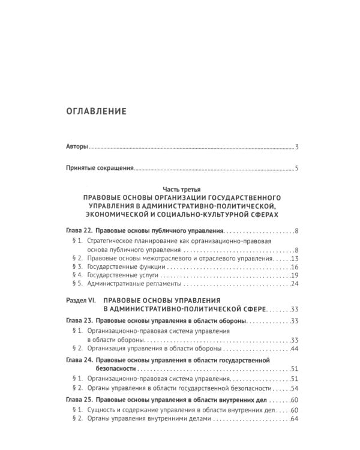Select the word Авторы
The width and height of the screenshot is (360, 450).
click(77, 146)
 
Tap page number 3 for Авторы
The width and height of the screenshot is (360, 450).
click(297, 146)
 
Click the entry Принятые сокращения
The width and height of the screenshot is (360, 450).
click(99, 169)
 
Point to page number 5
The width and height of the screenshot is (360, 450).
click(297, 169)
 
